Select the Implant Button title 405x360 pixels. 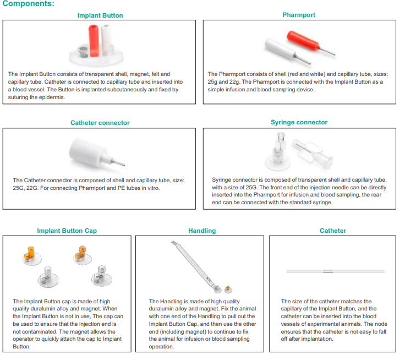click(100, 15)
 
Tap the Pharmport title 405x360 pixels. click(299, 15)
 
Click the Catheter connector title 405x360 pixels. click(100, 123)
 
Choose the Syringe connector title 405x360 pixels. click(299, 122)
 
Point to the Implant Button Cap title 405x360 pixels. click(67, 231)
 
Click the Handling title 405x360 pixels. click(202, 231)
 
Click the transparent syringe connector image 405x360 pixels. click(297, 151)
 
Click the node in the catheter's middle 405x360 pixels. click(327, 270)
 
